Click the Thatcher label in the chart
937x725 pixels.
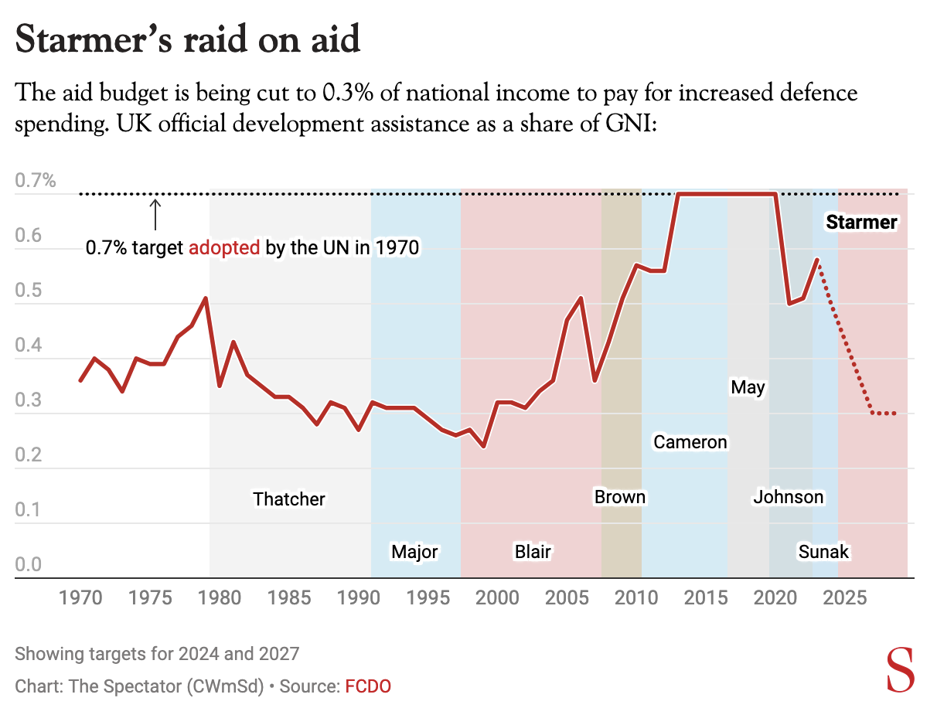(x=289, y=499)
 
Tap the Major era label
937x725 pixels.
(x=414, y=552)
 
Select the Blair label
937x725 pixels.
(x=533, y=552)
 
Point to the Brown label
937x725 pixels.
(x=619, y=497)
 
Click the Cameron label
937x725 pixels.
(x=690, y=442)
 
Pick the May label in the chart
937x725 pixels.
(x=748, y=387)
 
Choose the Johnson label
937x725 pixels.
(x=789, y=497)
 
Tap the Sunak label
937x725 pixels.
(x=823, y=552)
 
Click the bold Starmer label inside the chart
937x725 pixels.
(x=861, y=223)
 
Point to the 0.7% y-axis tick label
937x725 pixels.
(x=36, y=182)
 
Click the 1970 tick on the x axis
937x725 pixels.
(x=80, y=597)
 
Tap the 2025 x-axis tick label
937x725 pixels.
(x=846, y=597)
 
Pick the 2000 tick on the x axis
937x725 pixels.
(x=497, y=597)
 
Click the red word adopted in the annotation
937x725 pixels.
(x=225, y=249)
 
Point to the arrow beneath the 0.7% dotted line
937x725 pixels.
(x=155, y=214)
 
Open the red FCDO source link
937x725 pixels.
(x=368, y=686)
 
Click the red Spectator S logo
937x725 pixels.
(x=901, y=671)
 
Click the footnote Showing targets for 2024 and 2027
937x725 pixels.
(x=156, y=654)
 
